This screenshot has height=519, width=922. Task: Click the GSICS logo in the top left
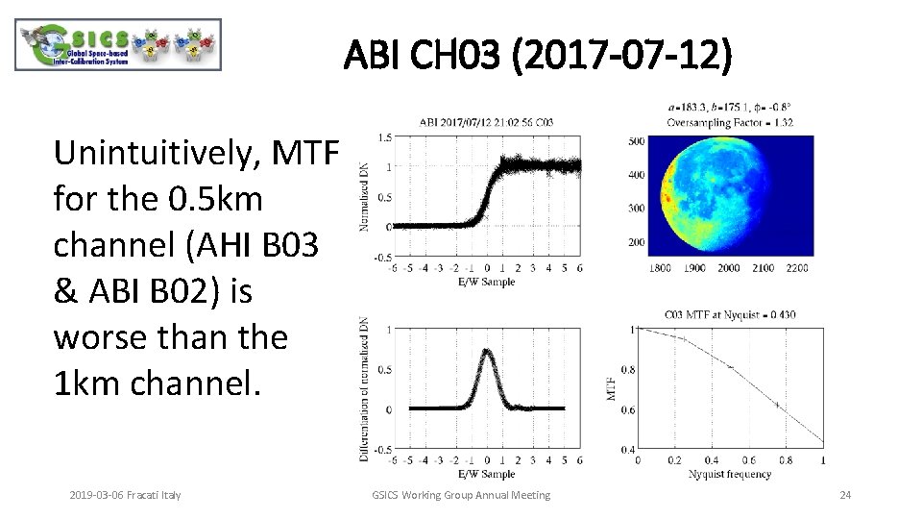pos(118,45)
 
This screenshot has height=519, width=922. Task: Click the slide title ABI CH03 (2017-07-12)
pos(538,56)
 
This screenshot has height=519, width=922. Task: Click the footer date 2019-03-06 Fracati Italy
pos(125,495)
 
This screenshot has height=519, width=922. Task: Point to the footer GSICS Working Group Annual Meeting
pos(461,495)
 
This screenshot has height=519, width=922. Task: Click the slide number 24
pos(845,495)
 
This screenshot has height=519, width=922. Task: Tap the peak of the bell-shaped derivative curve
pos(487,351)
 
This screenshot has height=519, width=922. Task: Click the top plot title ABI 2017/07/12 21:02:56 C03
pos(485,122)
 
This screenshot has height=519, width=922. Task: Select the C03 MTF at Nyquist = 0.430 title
pos(730,314)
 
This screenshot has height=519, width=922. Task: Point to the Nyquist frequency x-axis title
pos(729,474)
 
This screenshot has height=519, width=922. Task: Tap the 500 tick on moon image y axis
pos(636,142)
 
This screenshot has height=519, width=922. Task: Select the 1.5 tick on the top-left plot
pos(384,136)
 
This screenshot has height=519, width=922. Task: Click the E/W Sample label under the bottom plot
pos(486,474)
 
